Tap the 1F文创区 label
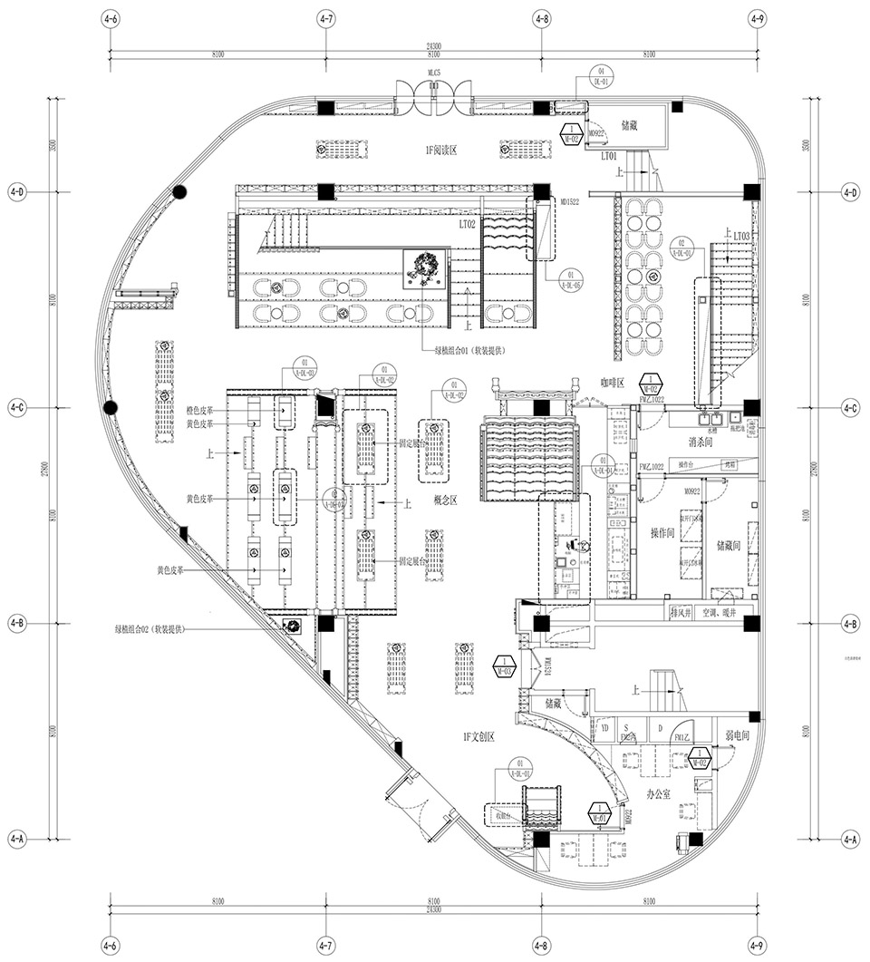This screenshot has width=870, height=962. point(478,737)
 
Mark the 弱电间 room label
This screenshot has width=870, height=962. point(737,737)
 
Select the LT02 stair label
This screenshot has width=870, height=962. point(468,222)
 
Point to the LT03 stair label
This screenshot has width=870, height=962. point(741,236)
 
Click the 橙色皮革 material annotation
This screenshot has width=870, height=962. point(200,410)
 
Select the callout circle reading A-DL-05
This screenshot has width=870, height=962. point(569,278)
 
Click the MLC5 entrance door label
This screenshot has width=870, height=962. point(433,71)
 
